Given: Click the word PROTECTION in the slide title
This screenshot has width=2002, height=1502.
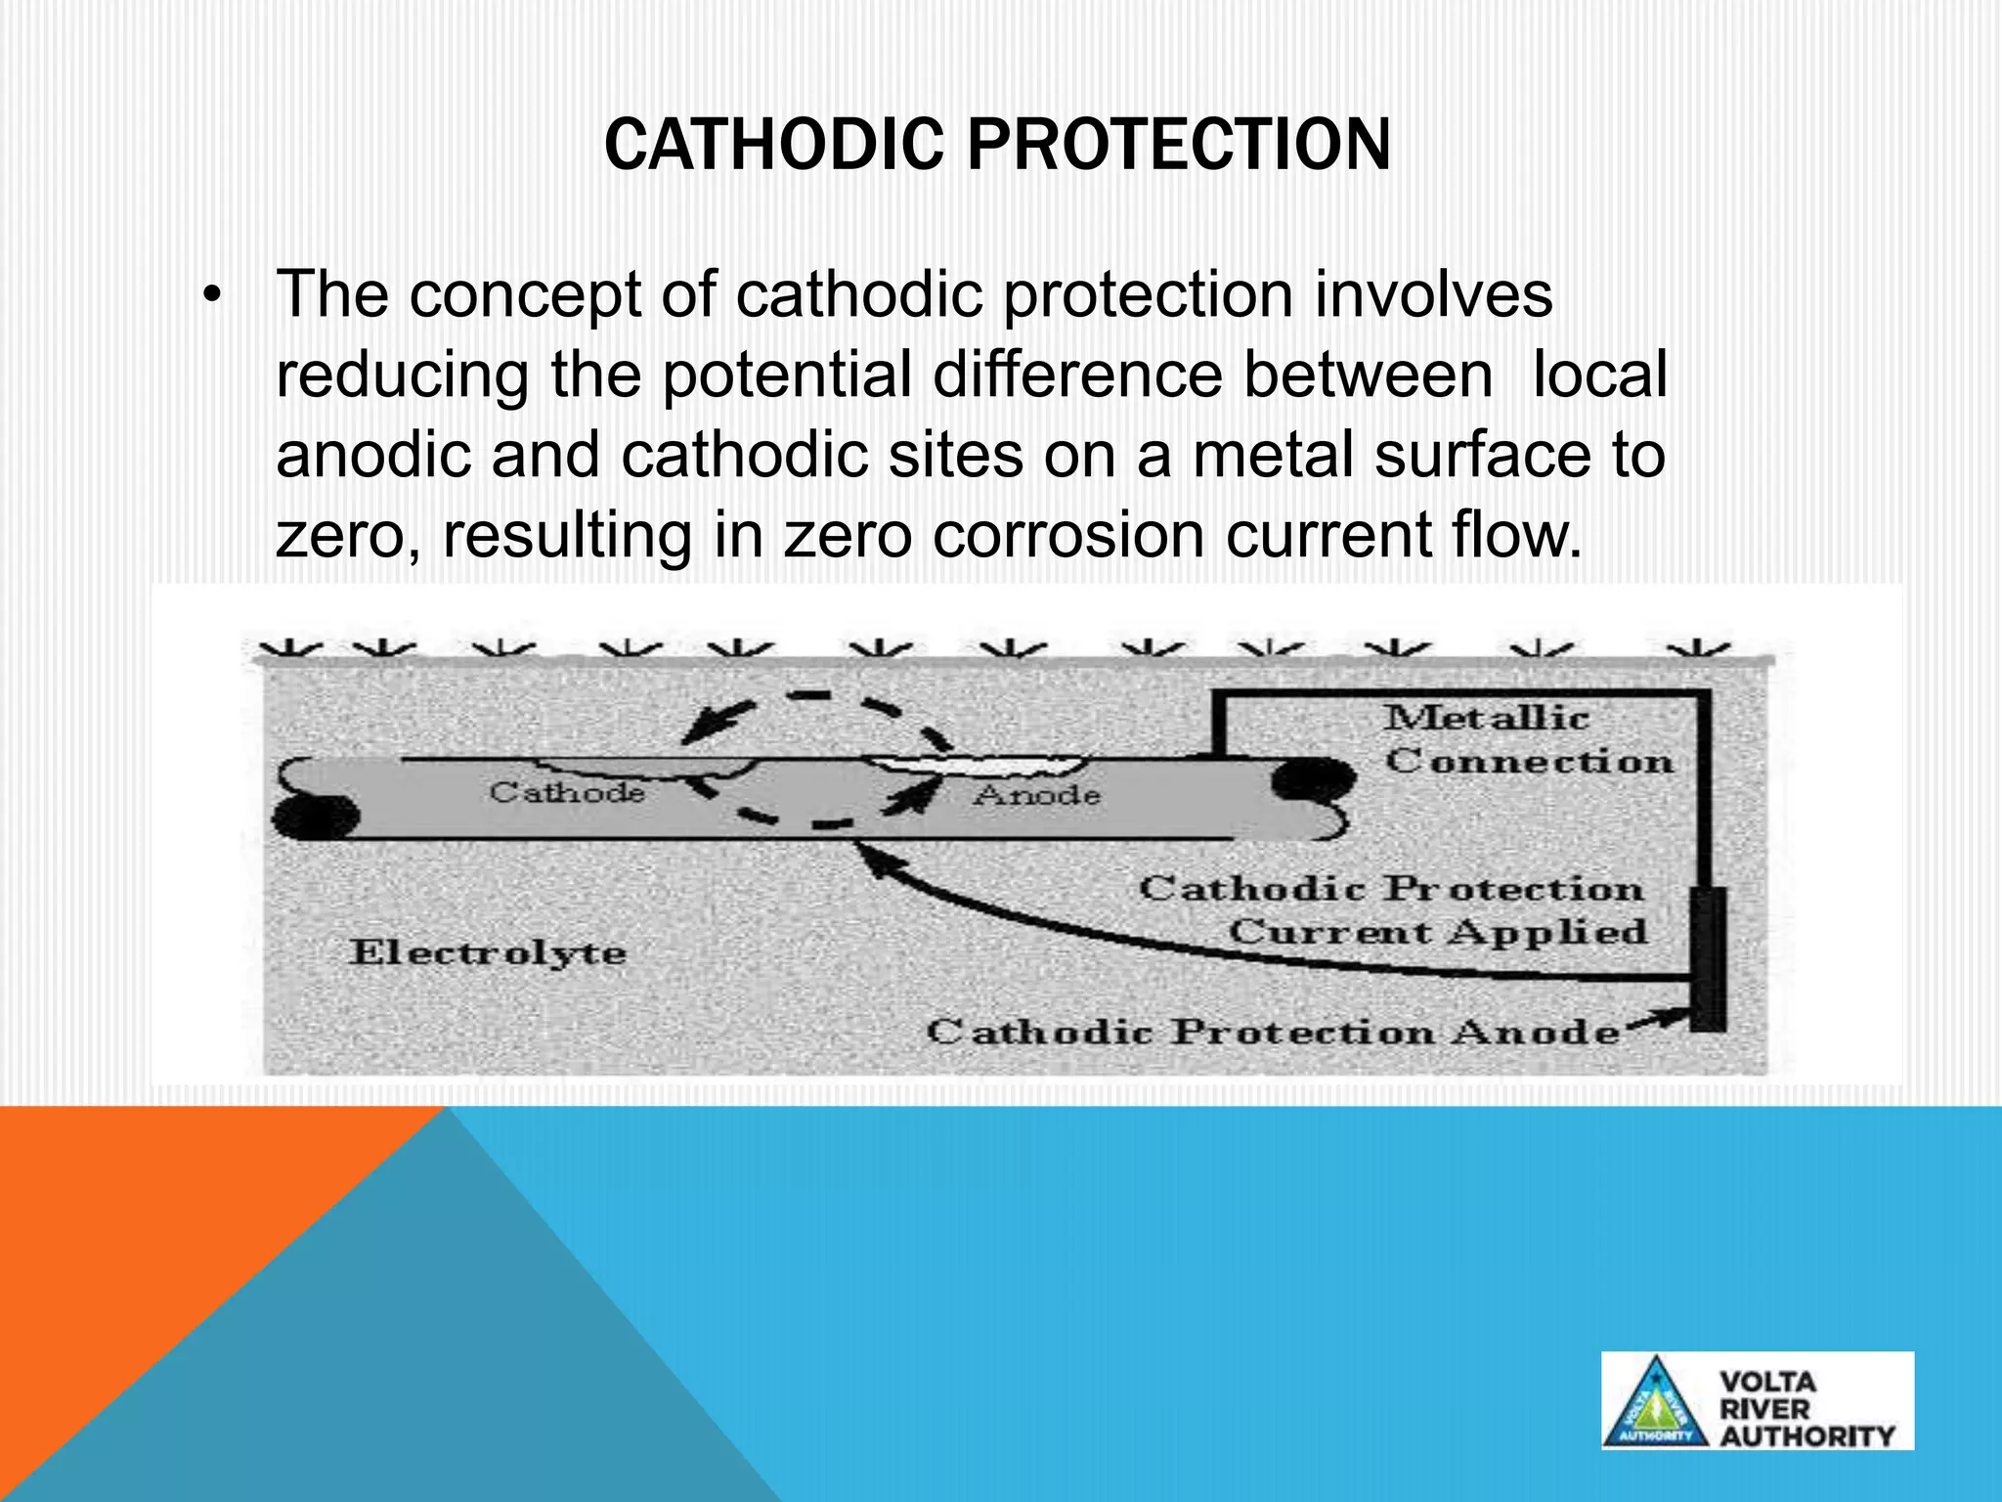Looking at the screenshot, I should pos(1179,145).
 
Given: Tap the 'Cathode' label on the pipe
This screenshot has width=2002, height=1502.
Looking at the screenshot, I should pos(567,791).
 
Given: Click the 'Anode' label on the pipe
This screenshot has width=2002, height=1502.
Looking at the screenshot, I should pos(1037,795).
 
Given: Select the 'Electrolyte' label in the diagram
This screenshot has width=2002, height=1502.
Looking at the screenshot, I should pos(488,952).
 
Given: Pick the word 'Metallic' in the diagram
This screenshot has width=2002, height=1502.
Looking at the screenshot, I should pos(1486,718).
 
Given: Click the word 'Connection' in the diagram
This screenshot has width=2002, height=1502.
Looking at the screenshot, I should pos(1529,761).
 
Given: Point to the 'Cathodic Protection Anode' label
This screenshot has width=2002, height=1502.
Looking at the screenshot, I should pos(1272,1032).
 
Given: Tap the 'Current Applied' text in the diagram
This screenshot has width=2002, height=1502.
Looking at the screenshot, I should pos(1437,931).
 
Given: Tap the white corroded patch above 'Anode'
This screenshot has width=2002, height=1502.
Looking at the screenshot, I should pos(978,764).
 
